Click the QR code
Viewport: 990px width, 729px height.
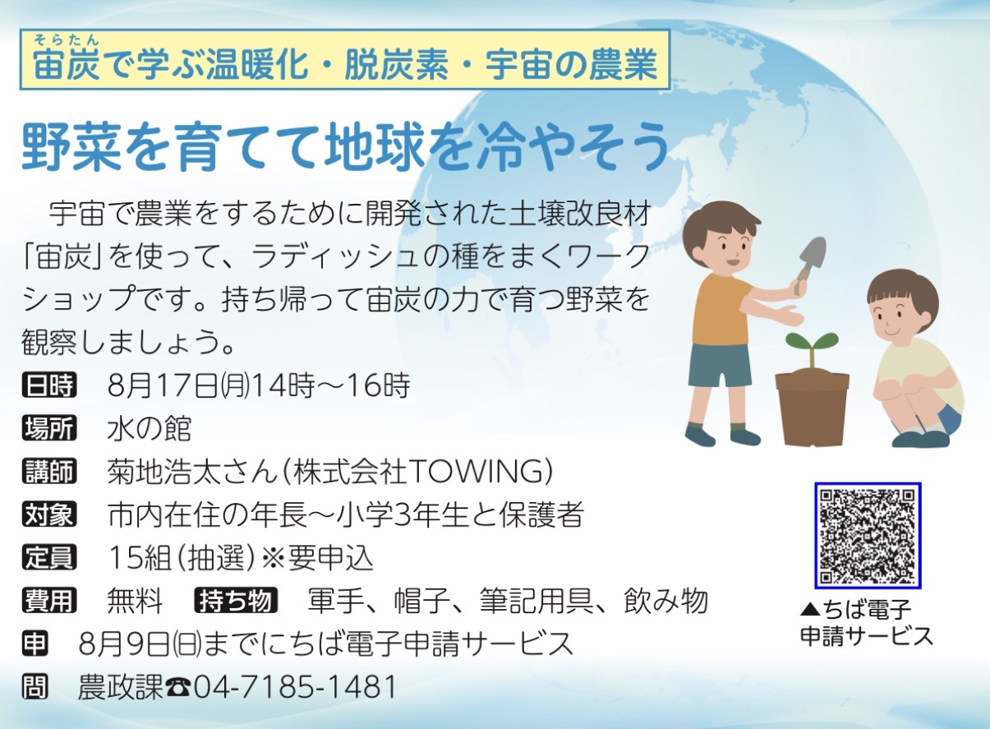(868, 536)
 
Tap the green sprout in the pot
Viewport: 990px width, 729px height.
(812, 349)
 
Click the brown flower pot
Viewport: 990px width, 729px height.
(813, 407)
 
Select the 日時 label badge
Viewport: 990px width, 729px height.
(49, 385)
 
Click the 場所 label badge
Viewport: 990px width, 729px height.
(49, 428)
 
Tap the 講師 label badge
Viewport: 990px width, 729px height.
(49, 471)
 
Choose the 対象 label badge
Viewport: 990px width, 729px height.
(49, 514)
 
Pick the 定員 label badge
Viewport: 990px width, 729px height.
(49, 557)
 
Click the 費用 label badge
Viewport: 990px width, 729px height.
(49, 600)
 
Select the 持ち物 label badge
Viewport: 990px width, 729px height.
(236, 600)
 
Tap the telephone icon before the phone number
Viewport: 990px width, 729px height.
(178, 688)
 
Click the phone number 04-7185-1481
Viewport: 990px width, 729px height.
(295, 687)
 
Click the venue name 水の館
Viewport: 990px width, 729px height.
(149, 428)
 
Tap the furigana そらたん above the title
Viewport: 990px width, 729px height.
(67, 40)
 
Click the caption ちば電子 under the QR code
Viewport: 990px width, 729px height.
(855, 610)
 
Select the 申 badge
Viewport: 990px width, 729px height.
(35, 644)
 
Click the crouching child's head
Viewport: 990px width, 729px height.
(902, 305)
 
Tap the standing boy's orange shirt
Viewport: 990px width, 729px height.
(722, 310)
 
